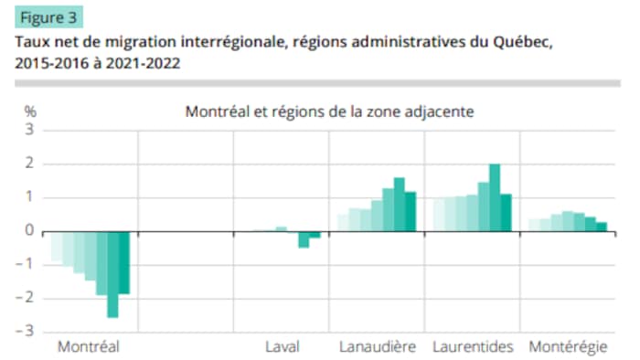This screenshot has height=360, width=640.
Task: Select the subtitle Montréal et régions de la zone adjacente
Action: click(328, 112)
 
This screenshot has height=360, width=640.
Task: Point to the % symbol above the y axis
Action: click(30, 111)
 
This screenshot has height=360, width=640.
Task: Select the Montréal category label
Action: click(89, 347)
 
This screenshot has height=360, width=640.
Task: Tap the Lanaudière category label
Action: click(378, 347)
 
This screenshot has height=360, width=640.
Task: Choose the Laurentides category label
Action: click(473, 347)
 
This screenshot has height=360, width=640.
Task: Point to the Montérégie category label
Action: click(568, 347)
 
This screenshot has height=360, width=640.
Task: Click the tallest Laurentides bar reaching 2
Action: click(495, 197)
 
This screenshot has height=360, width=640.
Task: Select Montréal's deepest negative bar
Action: click(112, 274)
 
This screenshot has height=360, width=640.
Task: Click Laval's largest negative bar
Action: click(304, 239)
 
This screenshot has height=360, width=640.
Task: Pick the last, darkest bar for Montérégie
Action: click(602, 227)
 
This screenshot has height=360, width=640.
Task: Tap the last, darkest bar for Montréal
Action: click(124, 262)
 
